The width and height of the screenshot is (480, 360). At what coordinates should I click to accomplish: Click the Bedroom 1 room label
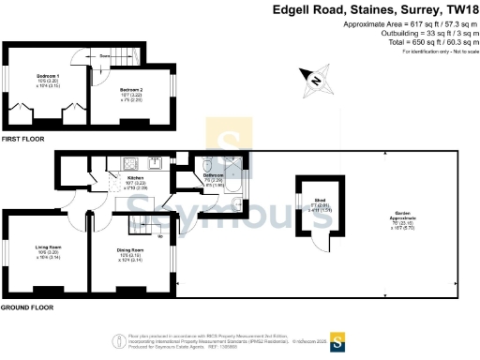[48, 75]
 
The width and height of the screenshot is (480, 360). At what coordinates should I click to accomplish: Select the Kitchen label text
[136, 176]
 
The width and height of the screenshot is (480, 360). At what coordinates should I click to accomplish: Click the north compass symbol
[317, 81]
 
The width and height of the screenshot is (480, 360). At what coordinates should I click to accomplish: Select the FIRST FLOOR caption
[22, 138]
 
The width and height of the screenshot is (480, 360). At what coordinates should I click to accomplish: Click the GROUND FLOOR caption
[27, 307]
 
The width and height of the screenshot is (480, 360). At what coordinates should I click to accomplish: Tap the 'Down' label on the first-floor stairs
[104, 56]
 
